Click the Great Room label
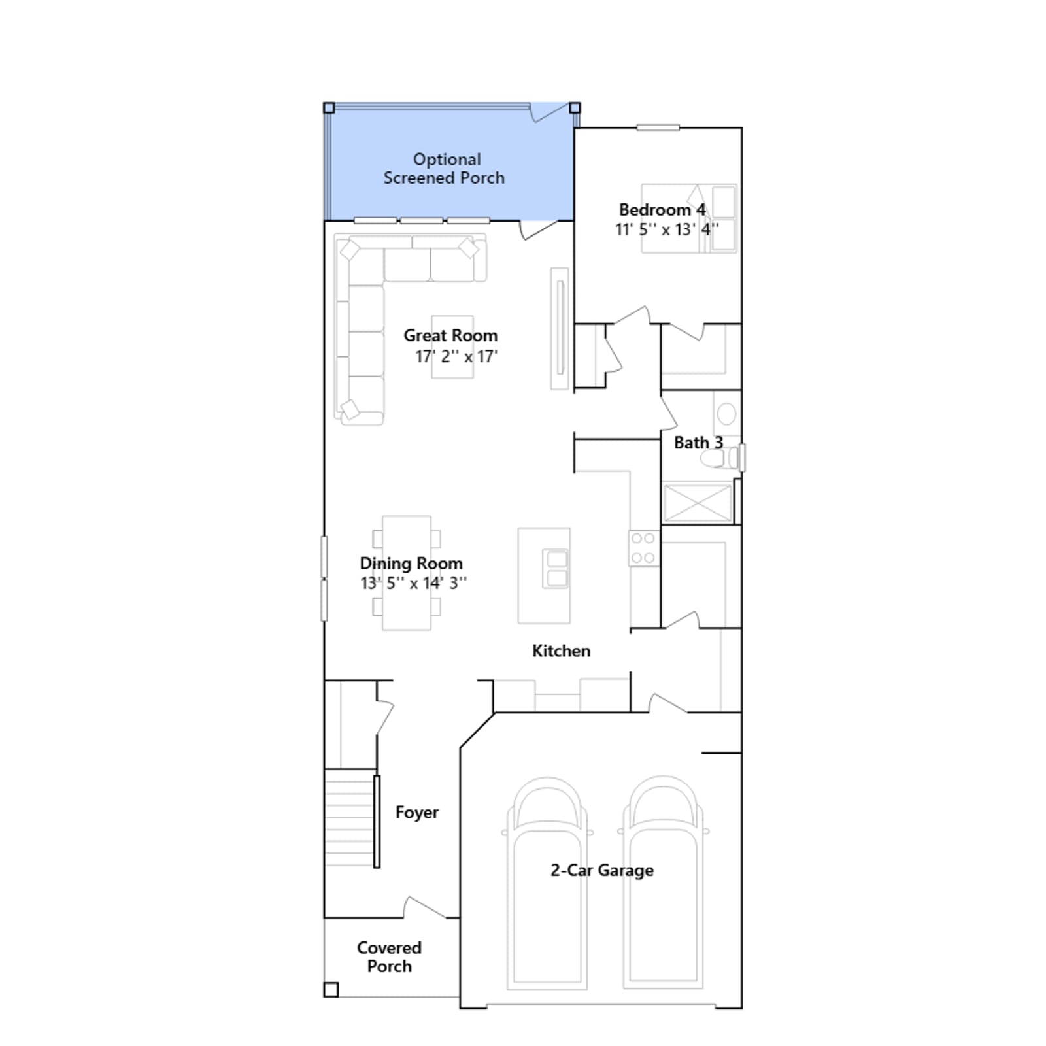click(x=450, y=335)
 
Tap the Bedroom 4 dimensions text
click(x=666, y=229)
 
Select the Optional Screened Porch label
click(x=445, y=169)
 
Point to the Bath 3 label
click(x=698, y=443)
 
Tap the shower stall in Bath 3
click(x=697, y=503)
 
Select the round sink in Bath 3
click(x=726, y=413)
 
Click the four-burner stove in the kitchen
click(x=643, y=548)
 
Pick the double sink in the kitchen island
click(x=556, y=568)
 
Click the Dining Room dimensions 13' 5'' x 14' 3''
click(x=413, y=583)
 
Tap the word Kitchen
click(x=561, y=650)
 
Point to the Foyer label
click(x=417, y=813)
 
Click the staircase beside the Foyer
click(x=350, y=818)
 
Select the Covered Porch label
click(x=389, y=956)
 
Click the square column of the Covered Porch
click(x=331, y=990)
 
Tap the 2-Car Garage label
click(x=602, y=870)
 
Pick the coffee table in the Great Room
click(x=452, y=347)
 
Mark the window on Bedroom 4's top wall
click(x=658, y=127)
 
